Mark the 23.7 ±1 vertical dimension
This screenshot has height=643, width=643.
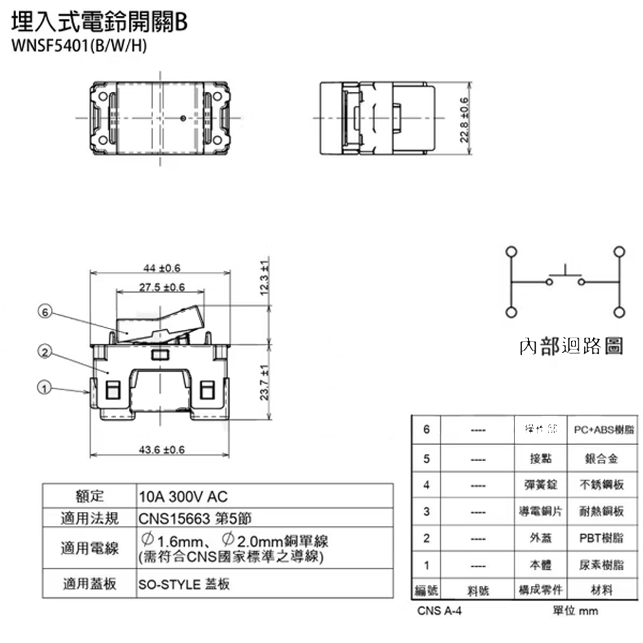point(264,383)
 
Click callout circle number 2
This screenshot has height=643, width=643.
point(44,351)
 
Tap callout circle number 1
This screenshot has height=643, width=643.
point(44,388)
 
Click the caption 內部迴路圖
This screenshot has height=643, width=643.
point(571,347)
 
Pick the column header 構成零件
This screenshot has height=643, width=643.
point(540,590)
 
